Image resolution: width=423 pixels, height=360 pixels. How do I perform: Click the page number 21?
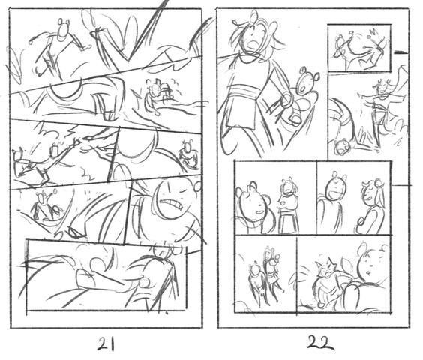pyautogui.click(x=106, y=343)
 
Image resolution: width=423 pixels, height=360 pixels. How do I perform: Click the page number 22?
pyautogui.click(x=320, y=343)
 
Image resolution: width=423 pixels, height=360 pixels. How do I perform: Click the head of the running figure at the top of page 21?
pyautogui.click(x=64, y=29)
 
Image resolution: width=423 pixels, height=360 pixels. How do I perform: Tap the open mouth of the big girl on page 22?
pyautogui.click(x=253, y=44)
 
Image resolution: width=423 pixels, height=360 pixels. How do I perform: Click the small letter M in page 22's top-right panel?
pyautogui.click(x=374, y=31)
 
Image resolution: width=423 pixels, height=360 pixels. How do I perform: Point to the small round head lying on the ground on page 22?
pyautogui.click(x=342, y=146)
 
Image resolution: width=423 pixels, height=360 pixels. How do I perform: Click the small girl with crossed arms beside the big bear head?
pyautogui.click(x=288, y=205)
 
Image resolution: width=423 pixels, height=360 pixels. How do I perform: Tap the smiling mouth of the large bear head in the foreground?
pyautogui.click(x=259, y=212)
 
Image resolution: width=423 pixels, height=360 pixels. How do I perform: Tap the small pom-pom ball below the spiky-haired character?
pyautogui.click(x=321, y=304)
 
